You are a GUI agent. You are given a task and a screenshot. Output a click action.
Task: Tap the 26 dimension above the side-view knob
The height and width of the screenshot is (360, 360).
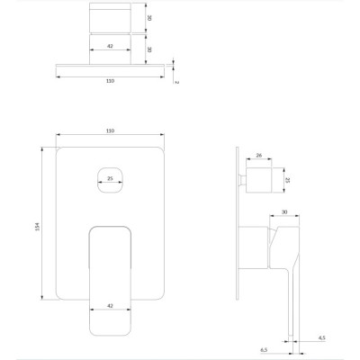pyautogui.click(x=259, y=155)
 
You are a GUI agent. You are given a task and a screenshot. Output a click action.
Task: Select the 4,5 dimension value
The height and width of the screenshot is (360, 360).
pyautogui.click(x=321, y=338)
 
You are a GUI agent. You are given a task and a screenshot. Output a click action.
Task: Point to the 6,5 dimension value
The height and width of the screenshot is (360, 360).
pyautogui.click(x=264, y=350)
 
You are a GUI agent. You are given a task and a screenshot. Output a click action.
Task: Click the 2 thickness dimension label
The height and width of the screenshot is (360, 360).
pyautogui.click(x=176, y=82)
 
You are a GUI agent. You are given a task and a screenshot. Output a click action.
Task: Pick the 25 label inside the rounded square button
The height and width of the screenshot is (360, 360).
pyautogui.click(x=110, y=178)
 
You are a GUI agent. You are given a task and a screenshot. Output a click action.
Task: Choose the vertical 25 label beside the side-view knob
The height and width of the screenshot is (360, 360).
pyautogui.click(x=287, y=180)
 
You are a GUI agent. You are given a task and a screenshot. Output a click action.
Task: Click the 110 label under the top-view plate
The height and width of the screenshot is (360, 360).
pyautogui.click(x=111, y=81)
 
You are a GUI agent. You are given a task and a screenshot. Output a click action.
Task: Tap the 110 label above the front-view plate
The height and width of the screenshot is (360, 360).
pyautogui.click(x=111, y=130)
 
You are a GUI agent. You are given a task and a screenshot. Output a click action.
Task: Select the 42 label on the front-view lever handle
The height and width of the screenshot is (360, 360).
pyautogui.click(x=110, y=306)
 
